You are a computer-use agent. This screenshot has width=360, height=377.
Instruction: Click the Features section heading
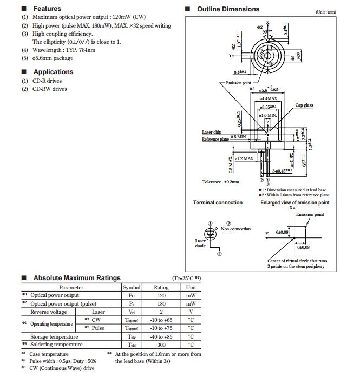coord(47,9)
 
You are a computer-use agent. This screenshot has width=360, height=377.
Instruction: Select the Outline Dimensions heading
coord(228,9)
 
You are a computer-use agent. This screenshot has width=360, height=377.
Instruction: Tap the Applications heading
coord(53,72)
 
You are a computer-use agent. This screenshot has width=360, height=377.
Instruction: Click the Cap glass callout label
coord(304,105)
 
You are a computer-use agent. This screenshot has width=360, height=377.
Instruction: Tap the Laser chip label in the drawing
coord(212,132)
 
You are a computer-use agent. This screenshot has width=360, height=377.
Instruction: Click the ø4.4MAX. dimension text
coord(268,98)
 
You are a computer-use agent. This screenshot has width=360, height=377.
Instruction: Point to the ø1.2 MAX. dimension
coord(245,158)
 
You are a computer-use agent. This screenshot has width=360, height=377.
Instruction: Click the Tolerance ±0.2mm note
coord(220,182)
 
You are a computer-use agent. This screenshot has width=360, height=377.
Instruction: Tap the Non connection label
coord(236,229)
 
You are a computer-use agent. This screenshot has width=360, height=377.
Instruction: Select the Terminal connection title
coord(218,203)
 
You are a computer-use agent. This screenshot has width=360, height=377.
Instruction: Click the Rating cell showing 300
coord(161,344)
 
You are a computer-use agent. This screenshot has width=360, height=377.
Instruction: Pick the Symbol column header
coord(132,288)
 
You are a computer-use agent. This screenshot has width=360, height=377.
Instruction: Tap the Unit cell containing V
coord(191,312)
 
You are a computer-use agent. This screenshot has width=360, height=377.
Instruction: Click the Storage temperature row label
coord(54,336)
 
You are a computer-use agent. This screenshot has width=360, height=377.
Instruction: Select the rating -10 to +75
coord(161,328)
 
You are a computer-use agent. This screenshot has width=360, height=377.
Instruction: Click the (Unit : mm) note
coord(325,12)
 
